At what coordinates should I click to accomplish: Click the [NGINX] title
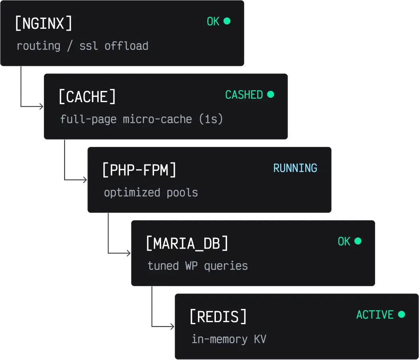[x=43, y=24]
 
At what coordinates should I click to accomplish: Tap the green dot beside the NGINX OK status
[x=227, y=21]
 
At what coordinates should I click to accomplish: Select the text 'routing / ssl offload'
[x=82, y=46]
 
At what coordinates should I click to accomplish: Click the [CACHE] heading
[x=87, y=97]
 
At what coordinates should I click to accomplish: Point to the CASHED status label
[x=244, y=95]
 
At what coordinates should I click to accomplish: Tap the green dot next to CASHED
[x=271, y=94]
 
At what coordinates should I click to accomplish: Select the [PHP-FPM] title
[x=139, y=170]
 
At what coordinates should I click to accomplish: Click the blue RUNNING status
[x=295, y=168]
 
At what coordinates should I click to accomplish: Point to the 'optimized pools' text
[x=151, y=192]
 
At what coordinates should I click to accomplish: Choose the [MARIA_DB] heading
[x=187, y=243]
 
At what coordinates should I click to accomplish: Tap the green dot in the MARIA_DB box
[x=358, y=241]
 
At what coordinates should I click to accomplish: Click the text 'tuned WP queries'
[x=198, y=266]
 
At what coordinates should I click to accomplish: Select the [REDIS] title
[x=218, y=317]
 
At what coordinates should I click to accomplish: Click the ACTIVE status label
[x=375, y=315]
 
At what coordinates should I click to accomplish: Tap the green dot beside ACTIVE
[x=401, y=314]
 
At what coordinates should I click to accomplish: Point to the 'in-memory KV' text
[x=229, y=339]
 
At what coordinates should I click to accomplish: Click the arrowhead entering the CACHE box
[x=41, y=107]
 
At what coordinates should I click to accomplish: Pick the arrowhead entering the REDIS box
[x=172, y=327]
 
